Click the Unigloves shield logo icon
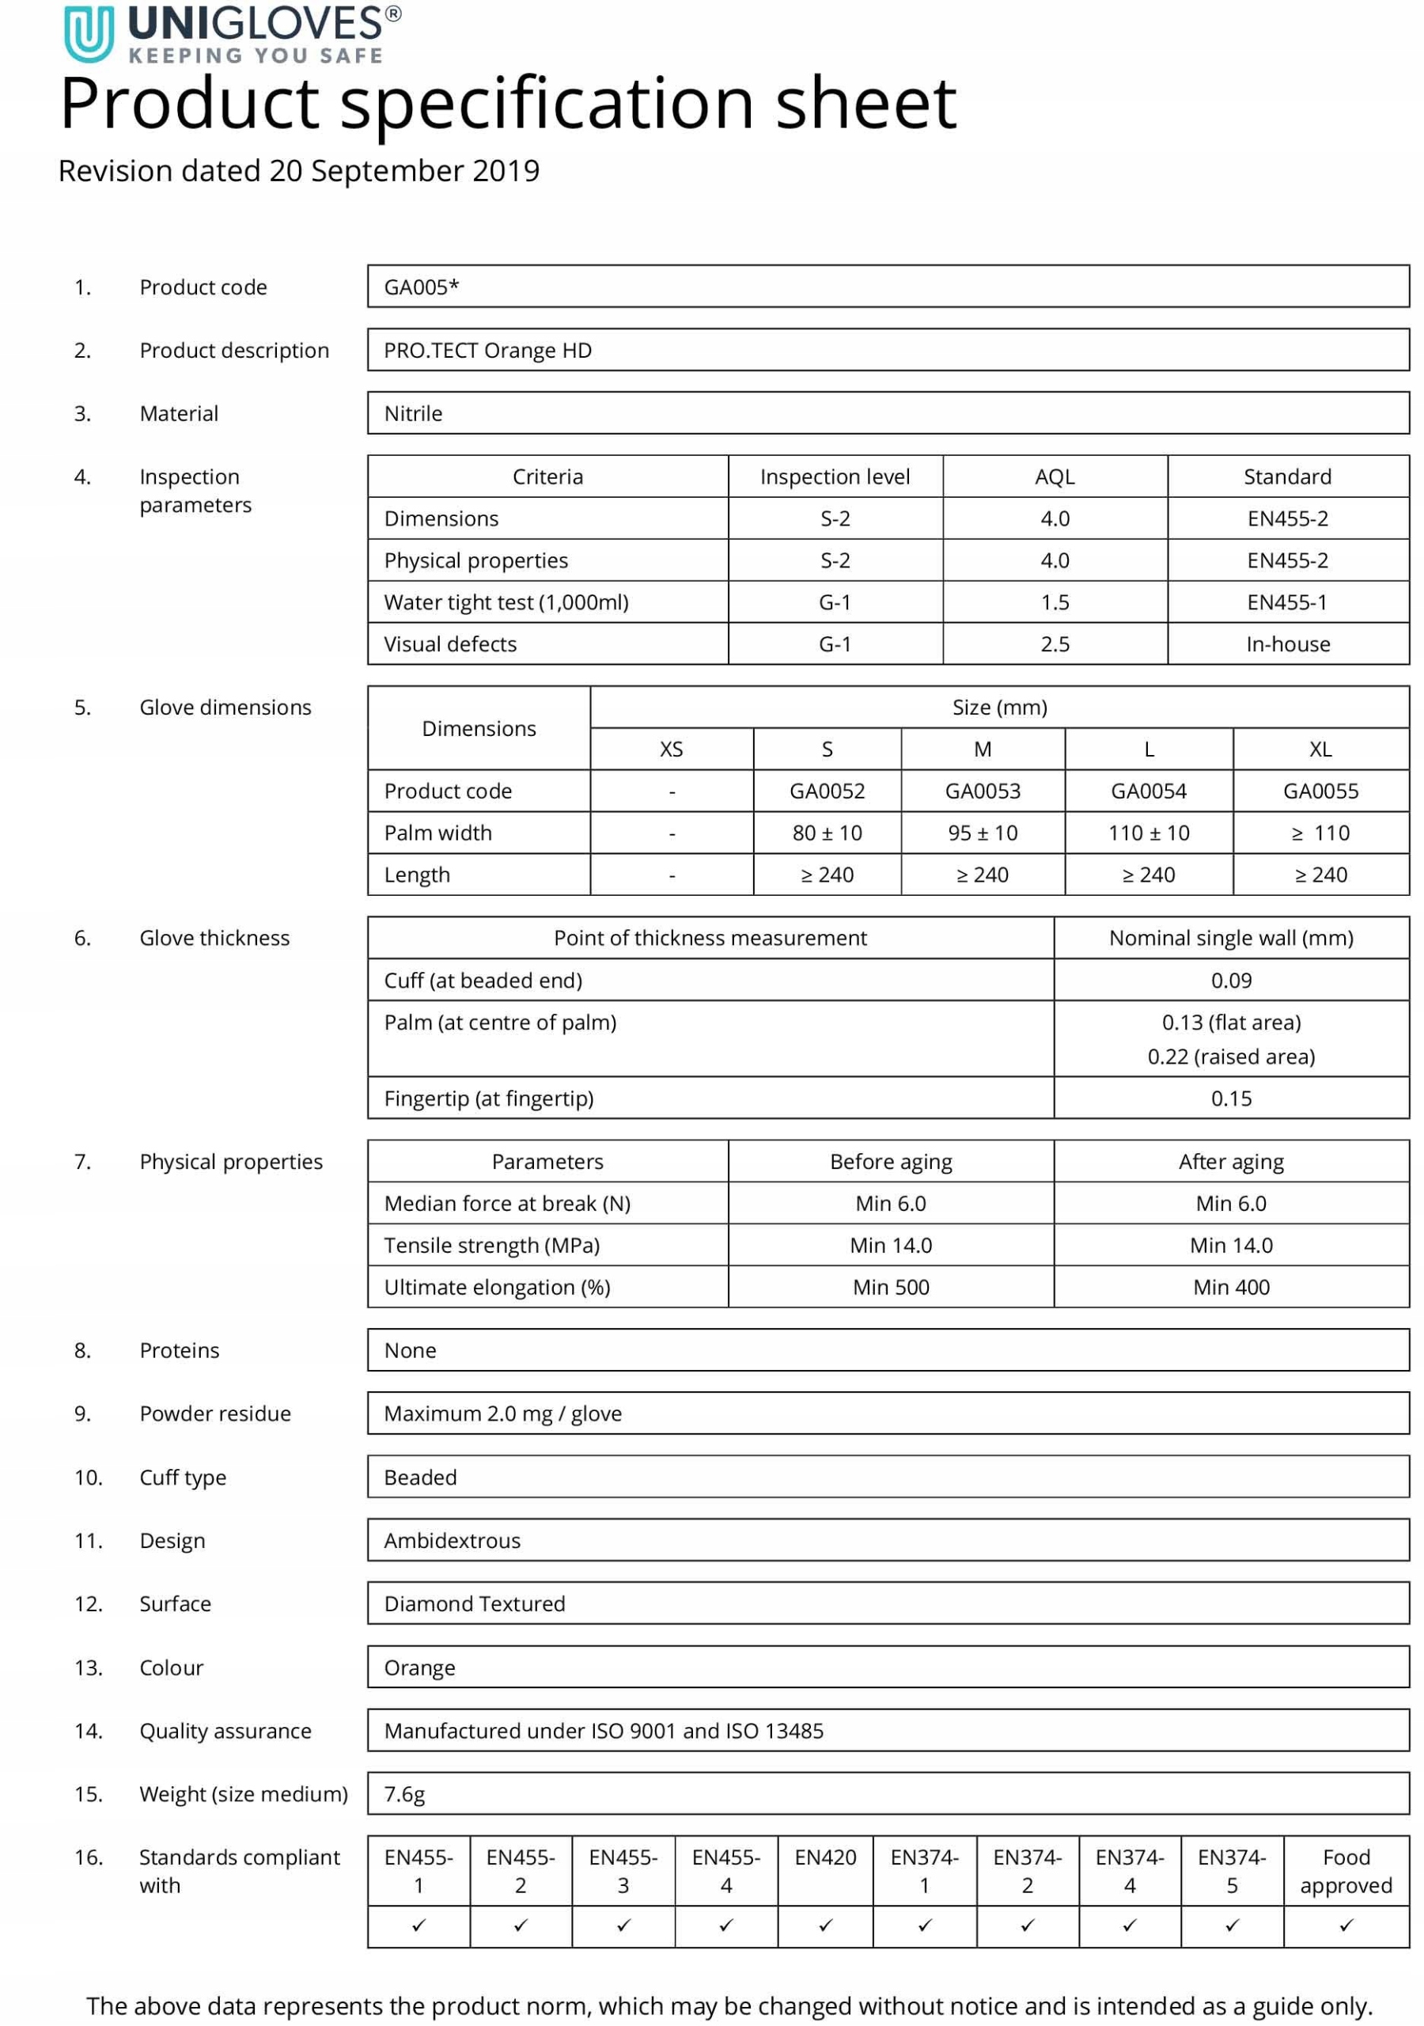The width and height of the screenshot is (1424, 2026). [x=89, y=34]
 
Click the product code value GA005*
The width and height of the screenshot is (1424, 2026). [x=421, y=286]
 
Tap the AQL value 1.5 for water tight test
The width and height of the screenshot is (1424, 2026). [x=1055, y=603]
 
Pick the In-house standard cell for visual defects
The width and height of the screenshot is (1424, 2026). [x=1287, y=644]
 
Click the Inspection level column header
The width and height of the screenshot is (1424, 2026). [x=835, y=476]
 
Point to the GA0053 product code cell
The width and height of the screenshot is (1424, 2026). [x=982, y=791]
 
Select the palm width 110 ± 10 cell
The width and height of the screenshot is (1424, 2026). [x=1148, y=833]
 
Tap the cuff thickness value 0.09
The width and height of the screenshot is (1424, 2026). [x=1231, y=981]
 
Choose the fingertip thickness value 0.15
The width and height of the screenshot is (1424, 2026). [x=1231, y=1098]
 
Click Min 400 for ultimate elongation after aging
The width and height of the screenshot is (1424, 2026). [x=1231, y=1288]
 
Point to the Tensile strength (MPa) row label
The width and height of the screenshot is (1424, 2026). [x=491, y=1245]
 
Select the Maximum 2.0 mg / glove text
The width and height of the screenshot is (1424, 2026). [x=502, y=1413]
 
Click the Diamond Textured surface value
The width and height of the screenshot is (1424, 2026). [x=474, y=1603]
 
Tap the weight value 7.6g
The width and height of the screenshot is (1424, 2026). [x=404, y=1794]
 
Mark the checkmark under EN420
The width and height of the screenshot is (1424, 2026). [x=825, y=1925]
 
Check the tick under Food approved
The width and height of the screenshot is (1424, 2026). [x=1346, y=1925]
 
